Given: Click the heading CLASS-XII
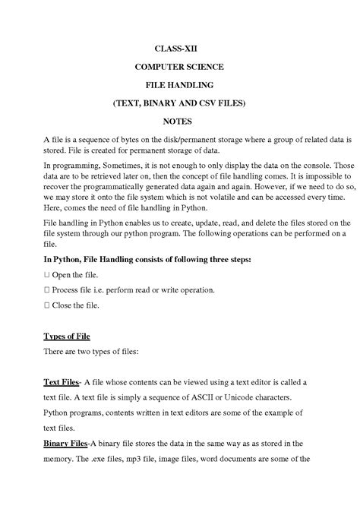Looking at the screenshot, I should (x=179, y=48).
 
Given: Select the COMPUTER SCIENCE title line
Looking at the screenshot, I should (x=179, y=66).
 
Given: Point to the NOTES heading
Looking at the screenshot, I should (x=179, y=121).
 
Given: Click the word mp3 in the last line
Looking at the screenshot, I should (x=156, y=459).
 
